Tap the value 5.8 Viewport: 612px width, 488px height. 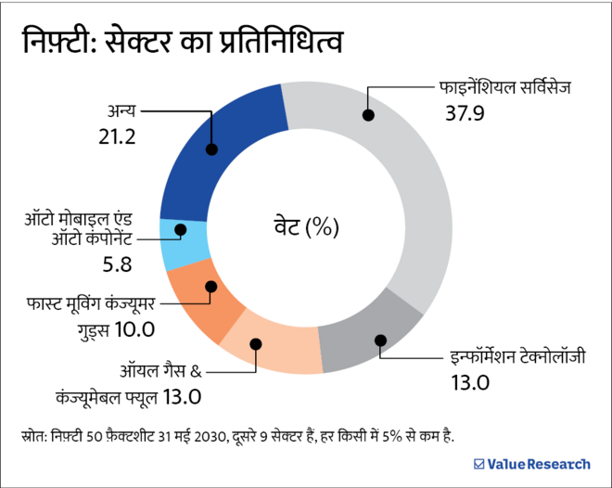pos(118,264)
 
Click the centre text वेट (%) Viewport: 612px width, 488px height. pos(306,225)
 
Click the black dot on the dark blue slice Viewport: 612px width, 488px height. pos(212,148)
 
